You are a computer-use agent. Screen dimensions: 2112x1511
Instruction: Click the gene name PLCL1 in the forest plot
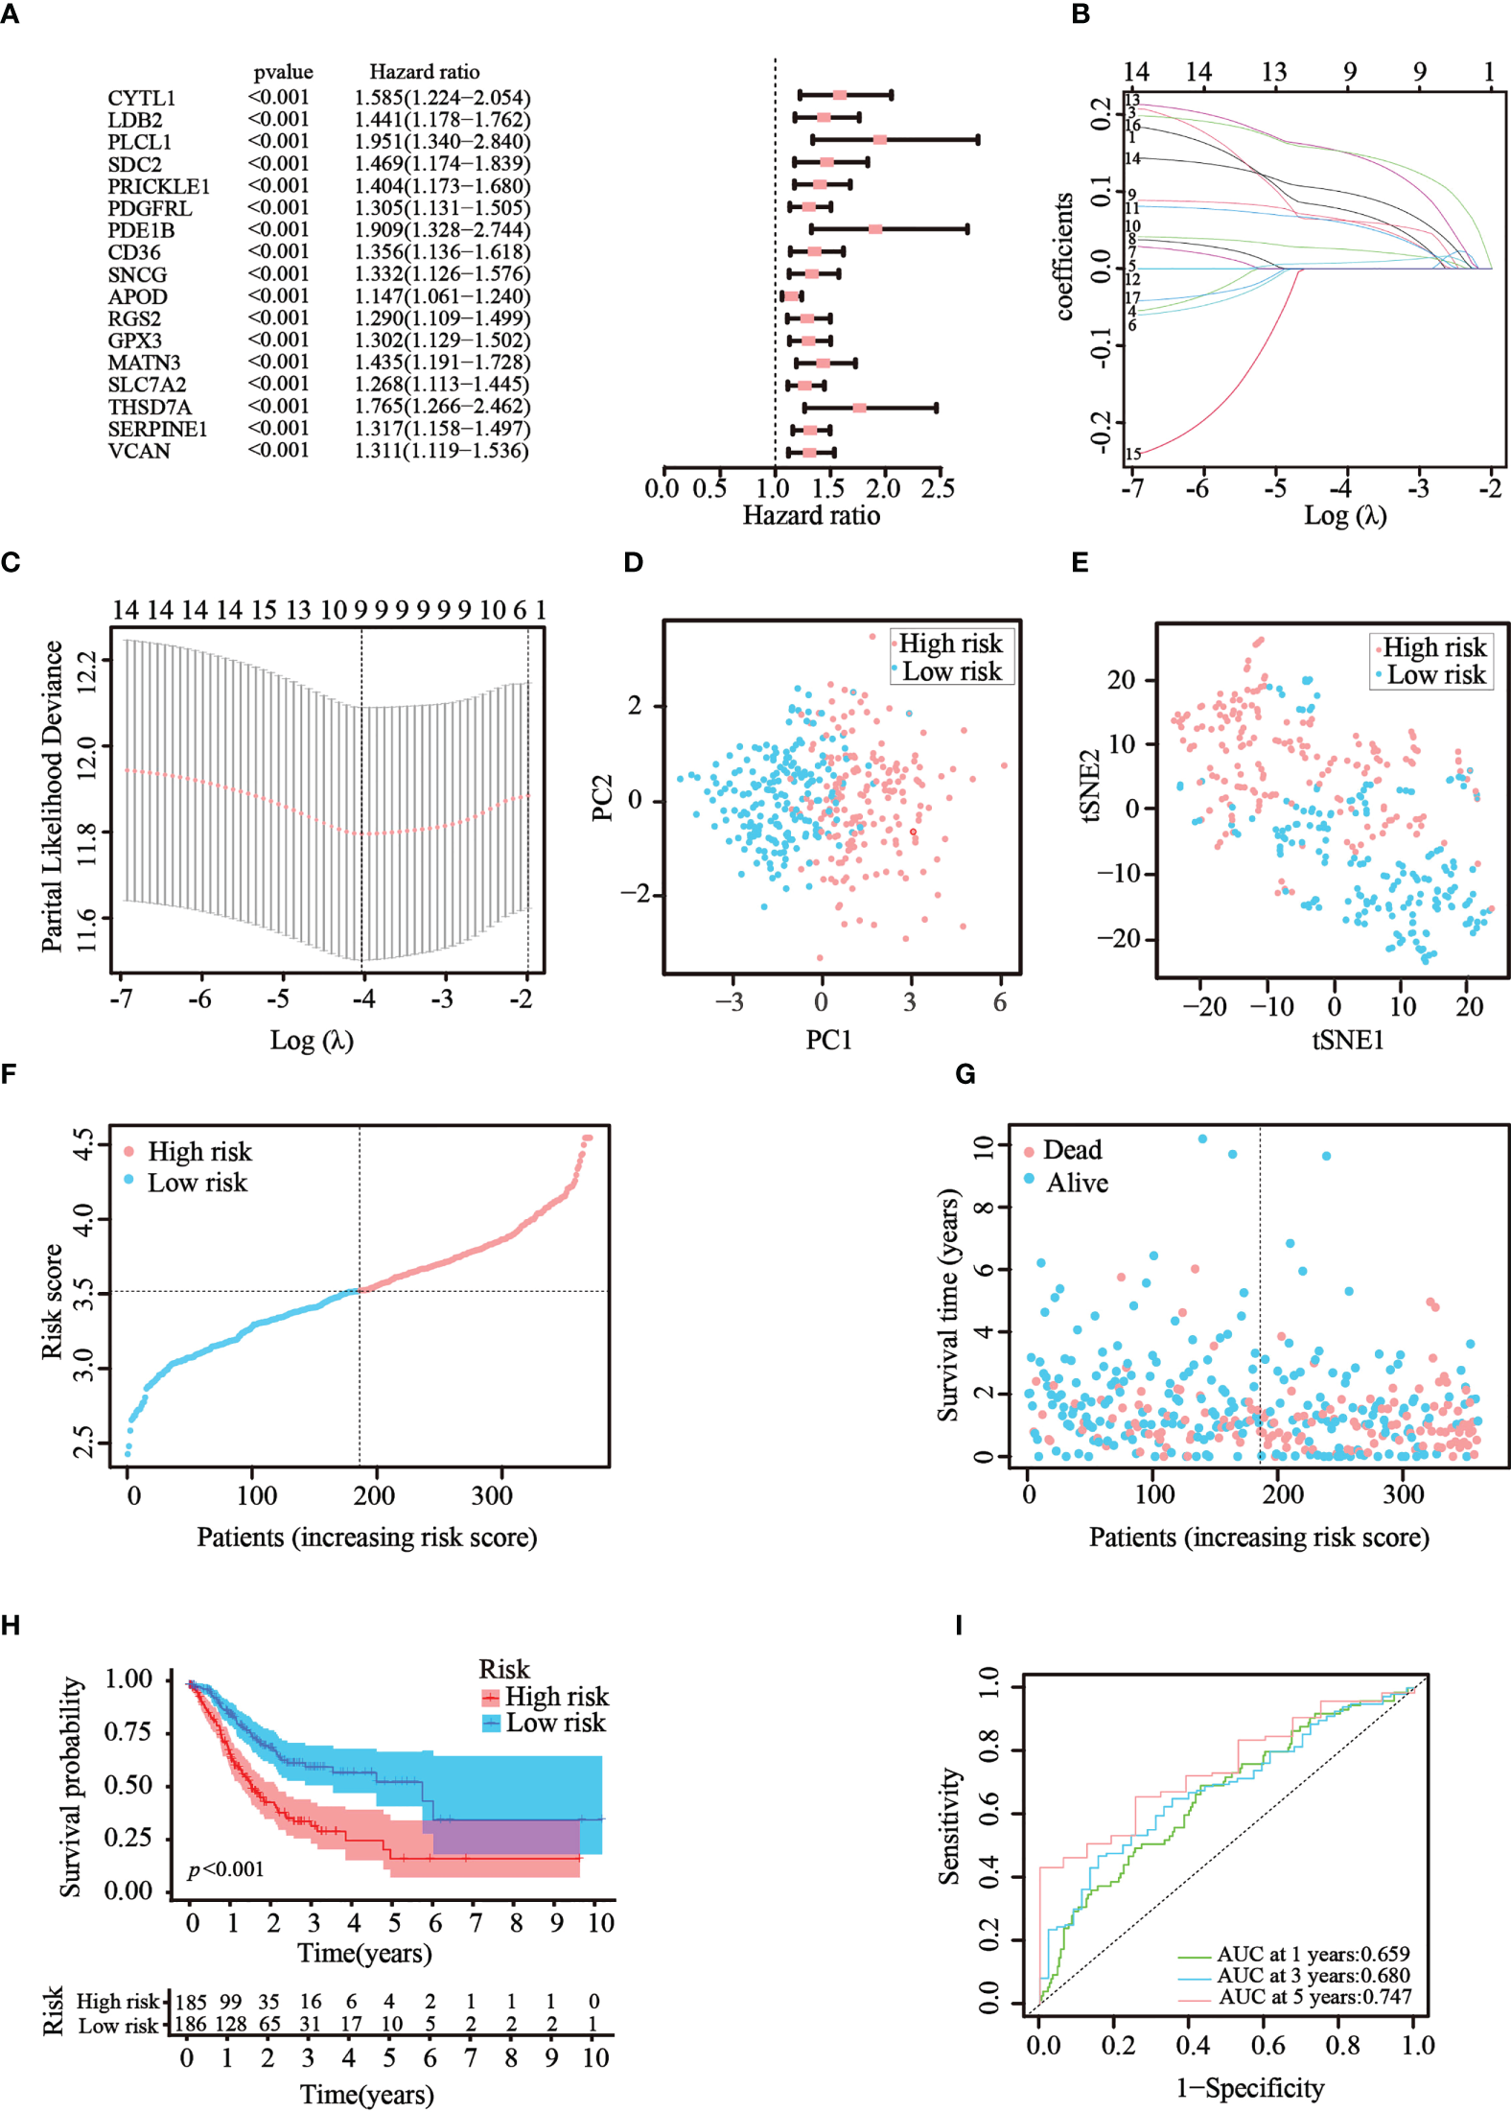pyautogui.click(x=139, y=142)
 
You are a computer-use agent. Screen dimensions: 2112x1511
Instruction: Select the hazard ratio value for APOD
pyautogui.click(x=441, y=296)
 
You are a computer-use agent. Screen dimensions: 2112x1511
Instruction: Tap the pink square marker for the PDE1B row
pyautogui.click(x=874, y=229)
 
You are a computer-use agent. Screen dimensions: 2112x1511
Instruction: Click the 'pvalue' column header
pyautogui.click(x=283, y=72)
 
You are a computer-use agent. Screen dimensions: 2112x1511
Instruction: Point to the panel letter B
pyautogui.click(x=1081, y=14)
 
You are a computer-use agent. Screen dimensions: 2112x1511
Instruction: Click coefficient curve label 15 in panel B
pyautogui.click(x=1133, y=454)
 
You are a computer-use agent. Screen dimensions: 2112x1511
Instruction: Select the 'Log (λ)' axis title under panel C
pyautogui.click(x=312, y=1040)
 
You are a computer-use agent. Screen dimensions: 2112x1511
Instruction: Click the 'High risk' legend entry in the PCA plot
pyautogui.click(x=949, y=644)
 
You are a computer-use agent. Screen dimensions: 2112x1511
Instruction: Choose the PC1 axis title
pyautogui.click(x=828, y=1040)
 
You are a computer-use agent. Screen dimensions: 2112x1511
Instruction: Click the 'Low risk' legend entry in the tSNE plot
pyautogui.click(x=1435, y=675)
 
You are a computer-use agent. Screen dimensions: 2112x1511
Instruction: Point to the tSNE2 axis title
pyautogui.click(x=1090, y=786)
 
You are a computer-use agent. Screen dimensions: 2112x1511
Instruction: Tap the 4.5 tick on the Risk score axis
pyautogui.click(x=84, y=1143)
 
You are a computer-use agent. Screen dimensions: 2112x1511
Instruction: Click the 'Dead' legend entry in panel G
pyautogui.click(x=1071, y=1149)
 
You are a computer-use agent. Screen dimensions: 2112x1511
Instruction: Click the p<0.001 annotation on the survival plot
pyautogui.click(x=225, y=1868)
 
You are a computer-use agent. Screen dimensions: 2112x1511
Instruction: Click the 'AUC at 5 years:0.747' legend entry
pyautogui.click(x=1314, y=1997)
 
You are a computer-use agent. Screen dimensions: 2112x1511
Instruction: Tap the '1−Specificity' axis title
pyautogui.click(x=1250, y=2087)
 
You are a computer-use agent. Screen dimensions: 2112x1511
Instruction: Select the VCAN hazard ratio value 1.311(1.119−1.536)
pyautogui.click(x=441, y=451)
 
